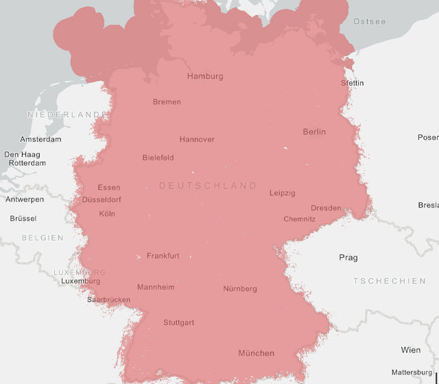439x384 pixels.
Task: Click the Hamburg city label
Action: [205, 76]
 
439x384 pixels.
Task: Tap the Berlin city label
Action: [314, 132]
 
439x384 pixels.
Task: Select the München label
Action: [256, 353]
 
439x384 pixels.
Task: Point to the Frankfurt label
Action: [163, 256]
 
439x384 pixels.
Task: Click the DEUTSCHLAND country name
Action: [208, 186]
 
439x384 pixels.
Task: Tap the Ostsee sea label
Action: [369, 22]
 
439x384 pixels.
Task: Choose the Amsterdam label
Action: [40, 139]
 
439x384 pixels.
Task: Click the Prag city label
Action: [348, 258]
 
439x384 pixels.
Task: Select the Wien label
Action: [411, 350]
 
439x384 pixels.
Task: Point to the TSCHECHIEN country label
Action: [390, 281]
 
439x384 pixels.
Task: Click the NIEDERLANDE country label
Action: [67, 115]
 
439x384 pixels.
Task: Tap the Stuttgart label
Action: [178, 322]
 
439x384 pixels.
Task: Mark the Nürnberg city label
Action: [240, 289]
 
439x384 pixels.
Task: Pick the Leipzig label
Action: [282, 193]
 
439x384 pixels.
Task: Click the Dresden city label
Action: [326, 208]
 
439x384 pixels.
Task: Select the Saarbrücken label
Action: [108, 300]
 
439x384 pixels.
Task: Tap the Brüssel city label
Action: [23, 218]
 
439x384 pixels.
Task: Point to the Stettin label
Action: [353, 83]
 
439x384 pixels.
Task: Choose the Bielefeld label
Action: [158, 158]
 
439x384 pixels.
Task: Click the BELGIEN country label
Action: [43, 238]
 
